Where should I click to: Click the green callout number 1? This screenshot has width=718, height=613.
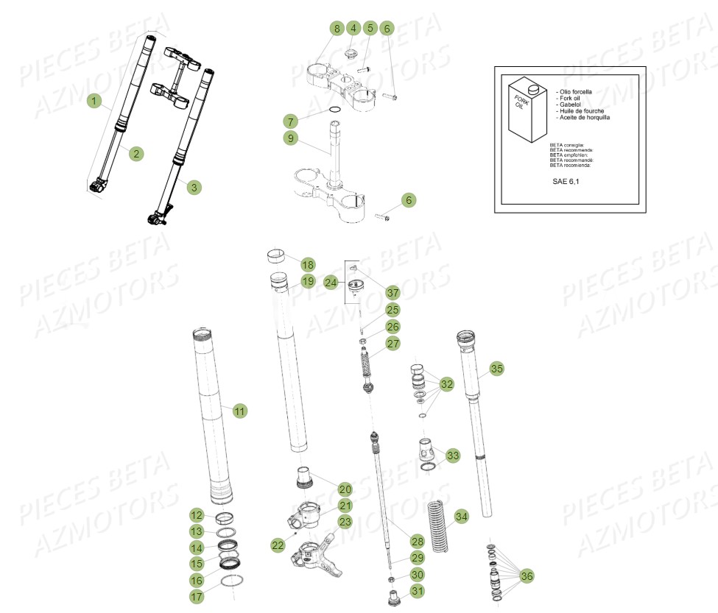(x=94, y=100)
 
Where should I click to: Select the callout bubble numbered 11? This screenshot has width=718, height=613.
(x=239, y=411)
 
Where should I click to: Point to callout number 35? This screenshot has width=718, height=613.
(x=497, y=368)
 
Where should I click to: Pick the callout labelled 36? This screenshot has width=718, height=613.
(x=527, y=575)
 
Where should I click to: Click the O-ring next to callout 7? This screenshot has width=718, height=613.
(x=334, y=111)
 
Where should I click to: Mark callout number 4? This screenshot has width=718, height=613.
(x=353, y=29)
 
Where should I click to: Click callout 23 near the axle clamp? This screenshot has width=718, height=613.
(x=345, y=522)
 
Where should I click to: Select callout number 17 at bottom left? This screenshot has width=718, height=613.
(x=197, y=597)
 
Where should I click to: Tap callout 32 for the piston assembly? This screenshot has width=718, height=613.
(x=447, y=384)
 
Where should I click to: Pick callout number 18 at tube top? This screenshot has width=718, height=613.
(x=307, y=264)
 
